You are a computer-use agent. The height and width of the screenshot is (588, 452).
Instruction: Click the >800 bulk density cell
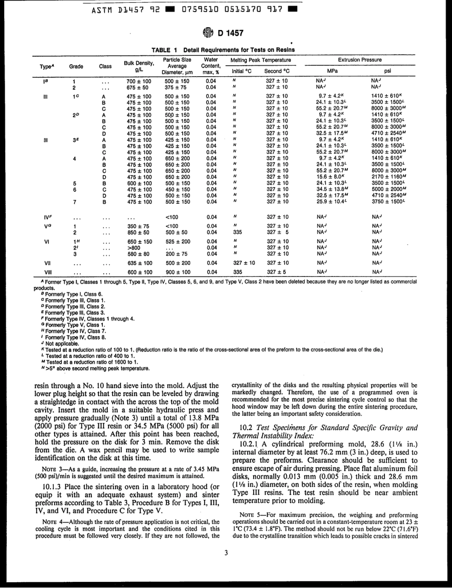tap(134, 248)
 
